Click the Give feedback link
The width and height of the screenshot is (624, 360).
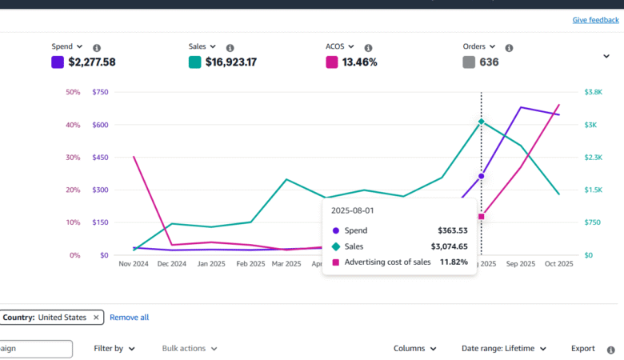pos(595,20)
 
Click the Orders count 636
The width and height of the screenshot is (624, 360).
pos(489,62)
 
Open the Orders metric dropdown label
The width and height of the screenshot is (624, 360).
pos(478,47)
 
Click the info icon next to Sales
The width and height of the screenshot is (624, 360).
pos(230,48)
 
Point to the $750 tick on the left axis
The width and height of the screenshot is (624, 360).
pos(100,92)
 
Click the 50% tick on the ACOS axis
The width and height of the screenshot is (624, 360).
pos(73,92)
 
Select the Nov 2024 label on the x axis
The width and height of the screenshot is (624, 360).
pos(134,263)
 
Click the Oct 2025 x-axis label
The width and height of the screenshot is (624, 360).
pos(558,263)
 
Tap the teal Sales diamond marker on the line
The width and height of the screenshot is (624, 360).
pos(481,122)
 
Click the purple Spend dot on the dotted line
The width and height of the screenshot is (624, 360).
pos(481,176)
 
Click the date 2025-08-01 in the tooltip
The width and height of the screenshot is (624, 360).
pos(353,210)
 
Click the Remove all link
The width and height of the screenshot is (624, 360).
pos(129,318)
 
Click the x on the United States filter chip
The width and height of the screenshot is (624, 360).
pos(96,318)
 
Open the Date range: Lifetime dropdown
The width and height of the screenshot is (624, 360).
pos(503,349)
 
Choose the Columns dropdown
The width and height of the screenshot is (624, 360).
pos(414,349)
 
